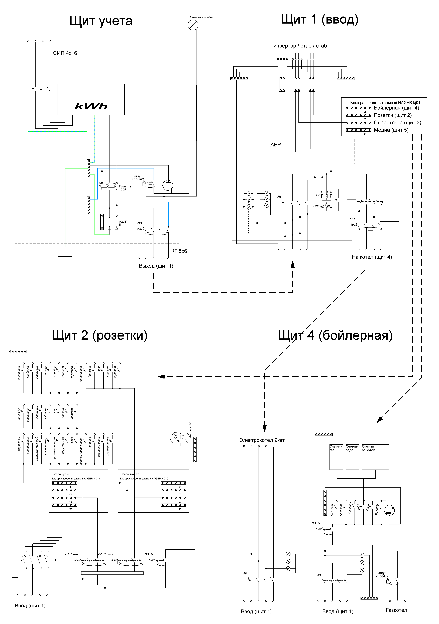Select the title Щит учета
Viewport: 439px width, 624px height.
(101, 21)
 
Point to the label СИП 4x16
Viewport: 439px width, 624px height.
(65, 53)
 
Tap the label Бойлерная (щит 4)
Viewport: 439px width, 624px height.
(396, 108)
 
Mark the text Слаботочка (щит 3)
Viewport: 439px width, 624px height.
(397, 123)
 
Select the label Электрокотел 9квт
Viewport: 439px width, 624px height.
(262, 440)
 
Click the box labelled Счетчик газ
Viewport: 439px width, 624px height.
(336, 457)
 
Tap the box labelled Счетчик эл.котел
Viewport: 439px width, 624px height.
(375, 457)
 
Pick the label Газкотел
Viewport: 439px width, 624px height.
(396, 610)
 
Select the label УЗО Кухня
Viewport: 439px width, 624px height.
(71, 554)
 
